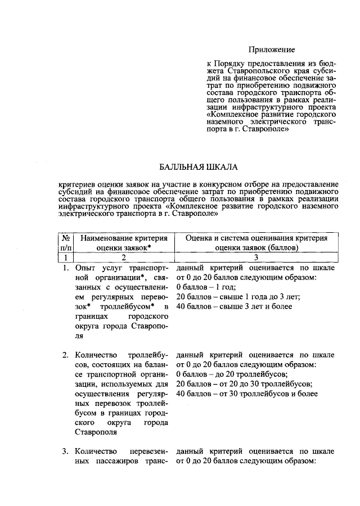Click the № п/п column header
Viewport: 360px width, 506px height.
pos(65,242)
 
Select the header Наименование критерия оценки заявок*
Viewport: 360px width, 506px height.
pos(124,242)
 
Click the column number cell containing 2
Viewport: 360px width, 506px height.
pos(124,257)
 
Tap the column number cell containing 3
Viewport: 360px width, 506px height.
pos(255,257)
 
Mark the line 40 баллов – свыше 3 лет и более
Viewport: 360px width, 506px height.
pos(234,306)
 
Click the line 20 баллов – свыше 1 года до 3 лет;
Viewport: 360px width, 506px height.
pos(238,297)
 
